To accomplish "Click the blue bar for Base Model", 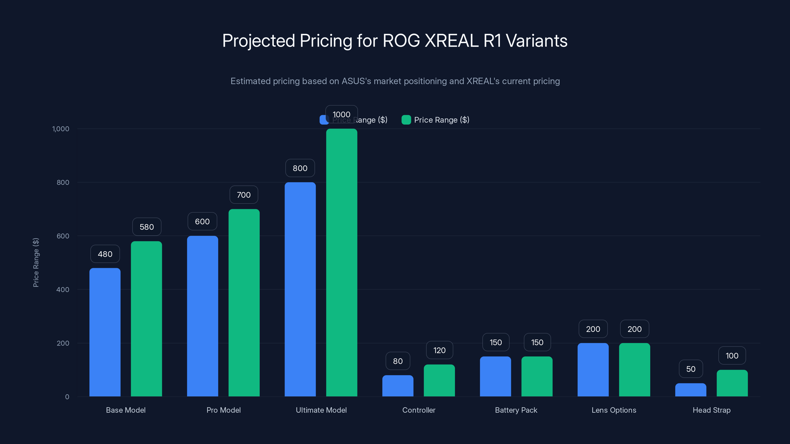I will click(105, 332).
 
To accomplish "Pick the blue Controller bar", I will click(398, 386).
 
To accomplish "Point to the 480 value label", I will click(105, 254).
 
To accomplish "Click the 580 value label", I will click(147, 227).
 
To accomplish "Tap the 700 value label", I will click(244, 195).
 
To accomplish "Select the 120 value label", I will click(439, 350).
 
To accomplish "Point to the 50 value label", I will click(691, 369).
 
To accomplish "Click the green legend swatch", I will click(406, 120).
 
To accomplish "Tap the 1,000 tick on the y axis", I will click(61, 129).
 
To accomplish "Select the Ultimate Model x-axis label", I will click(321, 410).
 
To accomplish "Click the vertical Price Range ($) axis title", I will click(36, 263).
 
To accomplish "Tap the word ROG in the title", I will click(401, 41).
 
